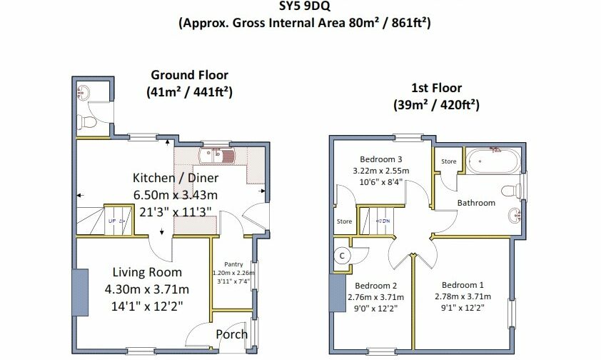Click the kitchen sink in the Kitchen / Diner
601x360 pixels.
(216, 156)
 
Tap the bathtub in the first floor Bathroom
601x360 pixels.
(493, 161)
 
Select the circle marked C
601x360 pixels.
(342, 256)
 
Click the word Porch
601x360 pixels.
(231, 334)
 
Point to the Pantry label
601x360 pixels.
(233, 264)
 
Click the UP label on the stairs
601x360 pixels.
(112, 221)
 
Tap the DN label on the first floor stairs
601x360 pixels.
(385, 221)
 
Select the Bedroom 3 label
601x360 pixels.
(380, 159)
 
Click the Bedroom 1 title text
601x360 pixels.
(463, 285)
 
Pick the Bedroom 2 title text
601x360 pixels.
(375, 286)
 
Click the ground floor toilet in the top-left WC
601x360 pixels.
(86, 122)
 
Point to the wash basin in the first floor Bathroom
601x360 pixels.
(515, 215)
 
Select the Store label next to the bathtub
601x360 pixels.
(448, 161)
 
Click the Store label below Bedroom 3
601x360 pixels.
(344, 221)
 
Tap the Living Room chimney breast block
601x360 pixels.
(81, 292)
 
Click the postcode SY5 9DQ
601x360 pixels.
(304, 6)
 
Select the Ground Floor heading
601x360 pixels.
(189, 75)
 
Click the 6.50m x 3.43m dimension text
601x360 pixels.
(176, 195)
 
